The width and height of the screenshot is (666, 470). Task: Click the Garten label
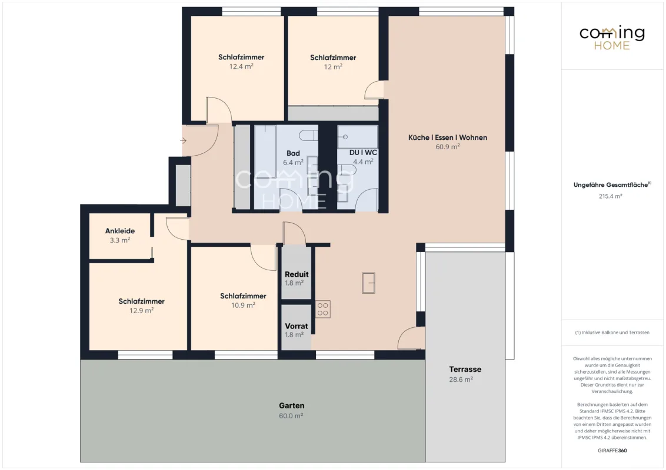pyautogui.click(x=291, y=405)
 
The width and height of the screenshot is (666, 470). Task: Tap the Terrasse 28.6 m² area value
pyautogui.click(x=461, y=379)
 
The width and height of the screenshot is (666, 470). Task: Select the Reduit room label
pyautogui.click(x=297, y=274)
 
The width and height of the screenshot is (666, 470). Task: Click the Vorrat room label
pyautogui.click(x=297, y=326)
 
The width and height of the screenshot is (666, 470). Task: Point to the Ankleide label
pyautogui.click(x=120, y=231)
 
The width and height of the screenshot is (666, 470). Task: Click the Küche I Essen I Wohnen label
pyautogui.click(x=448, y=137)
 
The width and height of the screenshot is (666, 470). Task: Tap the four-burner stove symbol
pyautogui.click(x=323, y=309)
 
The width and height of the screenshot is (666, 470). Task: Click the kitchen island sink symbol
pyautogui.click(x=368, y=283)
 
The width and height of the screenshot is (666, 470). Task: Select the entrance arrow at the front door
pyautogui.click(x=184, y=140)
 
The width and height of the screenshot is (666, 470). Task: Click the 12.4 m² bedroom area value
pyautogui.click(x=241, y=66)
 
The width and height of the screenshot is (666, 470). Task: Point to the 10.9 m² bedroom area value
pyautogui.click(x=243, y=305)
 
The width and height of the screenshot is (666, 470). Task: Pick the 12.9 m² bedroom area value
pyautogui.click(x=141, y=311)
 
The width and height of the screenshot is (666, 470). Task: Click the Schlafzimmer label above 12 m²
pyautogui.click(x=333, y=57)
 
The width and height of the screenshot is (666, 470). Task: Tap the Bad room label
pyautogui.click(x=293, y=153)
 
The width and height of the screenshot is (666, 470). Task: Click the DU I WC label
pyautogui.click(x=363, y=152)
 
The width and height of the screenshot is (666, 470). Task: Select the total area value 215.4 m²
pyautogui.click(x=610, y=196)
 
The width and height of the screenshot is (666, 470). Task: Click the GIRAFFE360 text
pyautogui.click(x=612, y=451)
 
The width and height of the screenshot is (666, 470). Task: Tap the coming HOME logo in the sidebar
pyautogui.click(x=612, y=38)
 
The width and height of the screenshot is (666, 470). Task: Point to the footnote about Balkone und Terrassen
pyautogui.click(x=612, y=333)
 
